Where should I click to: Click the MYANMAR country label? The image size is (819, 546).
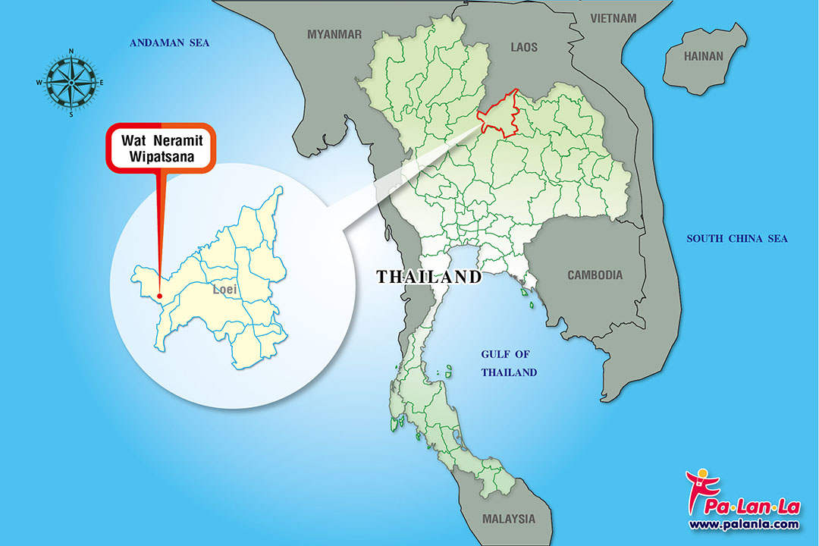click(334, 34)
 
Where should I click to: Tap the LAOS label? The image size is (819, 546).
click(524, 48)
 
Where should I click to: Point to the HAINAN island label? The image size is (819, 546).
click(704, 56)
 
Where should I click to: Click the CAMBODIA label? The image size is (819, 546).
click(595, 275)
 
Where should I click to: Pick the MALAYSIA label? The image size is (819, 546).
click(508, 519)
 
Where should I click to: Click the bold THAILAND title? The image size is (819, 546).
click(429, 277)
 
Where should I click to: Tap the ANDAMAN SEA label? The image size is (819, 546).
click(169, 43)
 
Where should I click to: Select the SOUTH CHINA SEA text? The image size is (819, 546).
click(737, 239)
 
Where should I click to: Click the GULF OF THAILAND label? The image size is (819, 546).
click(510, 363)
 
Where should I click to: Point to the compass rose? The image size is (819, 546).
click(71, 82)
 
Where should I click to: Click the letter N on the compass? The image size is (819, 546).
click(71, 52)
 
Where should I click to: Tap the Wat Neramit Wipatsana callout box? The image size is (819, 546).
click(161, 148)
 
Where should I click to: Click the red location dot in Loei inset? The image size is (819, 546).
click(159, 297)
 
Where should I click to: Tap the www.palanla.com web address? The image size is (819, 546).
click(743, 524)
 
